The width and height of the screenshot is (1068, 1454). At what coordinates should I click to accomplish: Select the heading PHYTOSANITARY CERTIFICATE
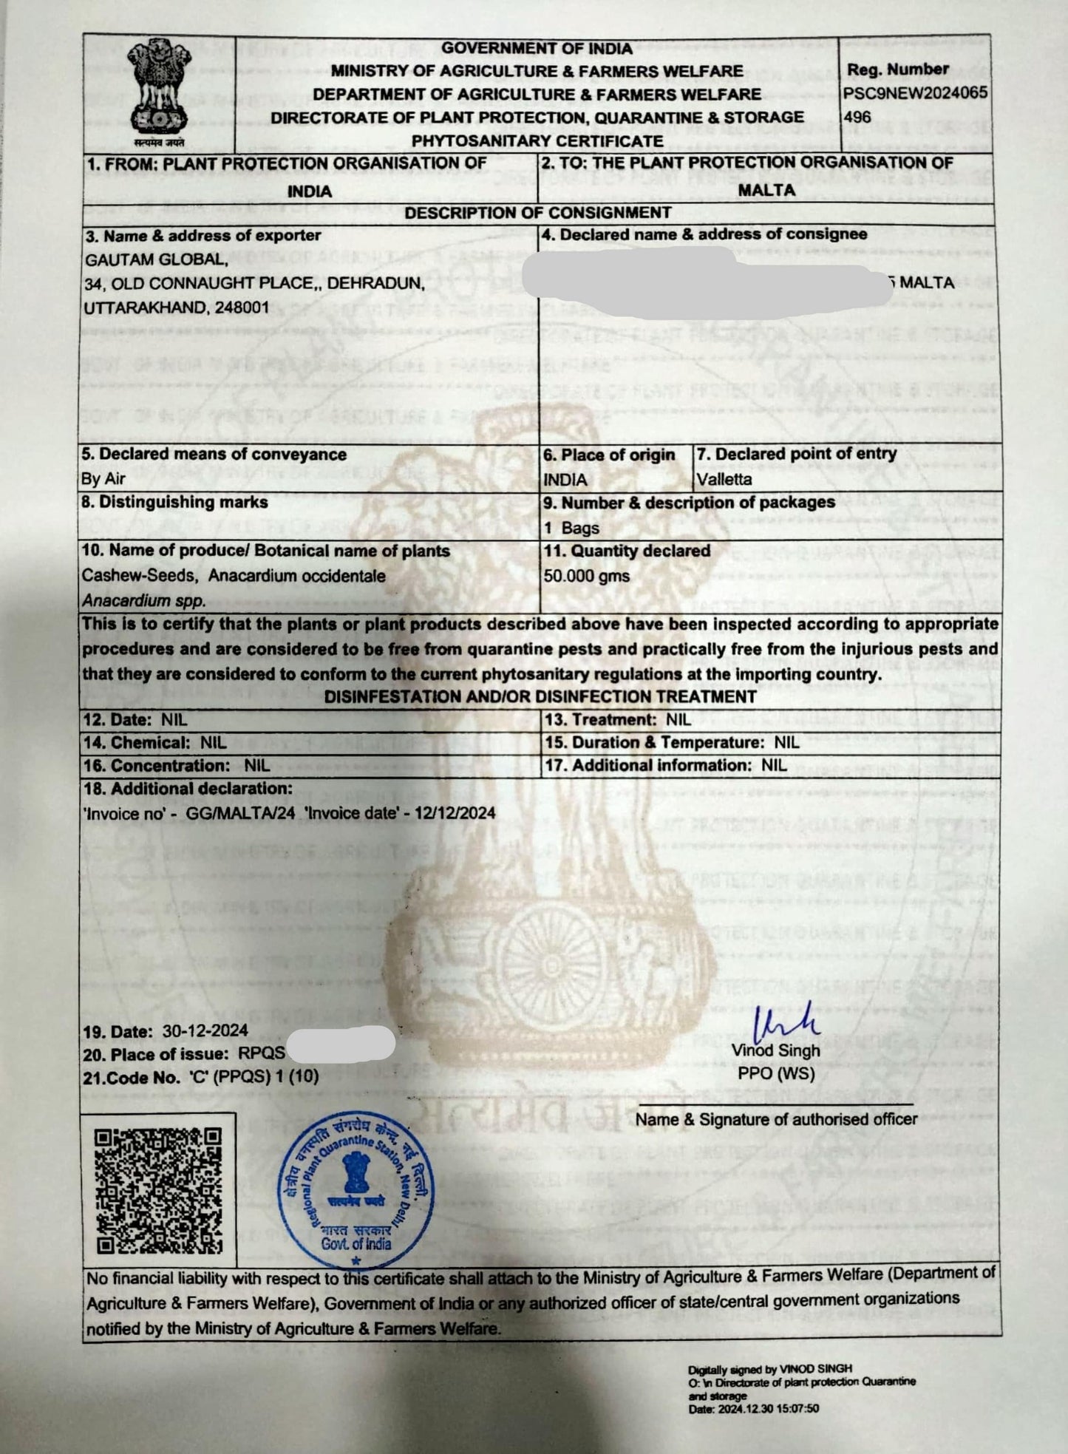click(537, 140)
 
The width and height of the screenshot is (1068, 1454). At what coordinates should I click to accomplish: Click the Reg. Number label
click(897, 69)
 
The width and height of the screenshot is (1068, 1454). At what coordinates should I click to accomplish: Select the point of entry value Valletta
click(724, 479)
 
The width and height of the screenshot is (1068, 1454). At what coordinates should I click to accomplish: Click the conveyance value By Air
click(103, 478)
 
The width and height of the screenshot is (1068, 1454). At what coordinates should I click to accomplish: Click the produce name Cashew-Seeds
click(139, 575)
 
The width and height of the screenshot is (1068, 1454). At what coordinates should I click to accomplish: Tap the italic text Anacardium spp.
click(143, 601)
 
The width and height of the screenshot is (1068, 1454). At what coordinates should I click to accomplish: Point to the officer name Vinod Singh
click(775, 1050)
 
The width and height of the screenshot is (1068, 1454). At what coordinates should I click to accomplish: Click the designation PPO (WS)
click(776, 1073)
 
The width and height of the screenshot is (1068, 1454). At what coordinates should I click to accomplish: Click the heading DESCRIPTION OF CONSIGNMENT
click(538, 213)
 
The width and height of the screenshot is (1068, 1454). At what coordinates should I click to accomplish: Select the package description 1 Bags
click(571, 528)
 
